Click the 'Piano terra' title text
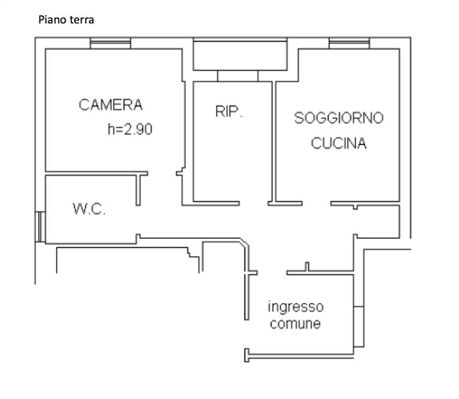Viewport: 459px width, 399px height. point(66,20)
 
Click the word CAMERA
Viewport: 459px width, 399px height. point(111,105)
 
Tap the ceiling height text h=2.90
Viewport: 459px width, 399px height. point(130,130)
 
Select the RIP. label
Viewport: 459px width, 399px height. point(229,112)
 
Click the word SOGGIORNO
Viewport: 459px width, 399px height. point(339,118)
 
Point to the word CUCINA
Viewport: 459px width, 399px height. point(339,144)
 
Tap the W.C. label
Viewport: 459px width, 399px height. point(90,209)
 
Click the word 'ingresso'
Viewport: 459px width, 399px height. point(295,307)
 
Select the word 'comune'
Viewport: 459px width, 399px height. point(295,324)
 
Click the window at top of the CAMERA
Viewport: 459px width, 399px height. point(111,43)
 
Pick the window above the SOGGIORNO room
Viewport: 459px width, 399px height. point(349,43)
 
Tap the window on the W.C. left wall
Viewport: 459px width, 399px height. point(40,227)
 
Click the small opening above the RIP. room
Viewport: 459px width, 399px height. point(238,76)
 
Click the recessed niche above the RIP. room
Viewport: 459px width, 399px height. point(240,56)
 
